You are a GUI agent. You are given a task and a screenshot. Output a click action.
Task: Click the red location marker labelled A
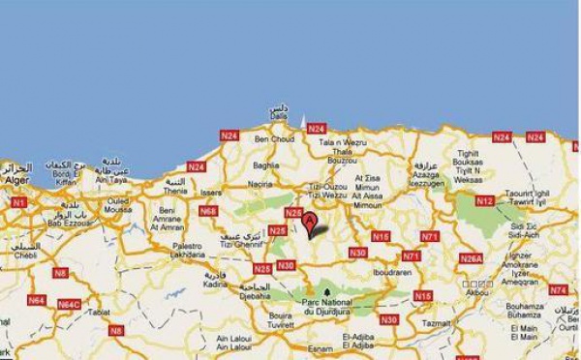pyautogui.click(x=310, y=225)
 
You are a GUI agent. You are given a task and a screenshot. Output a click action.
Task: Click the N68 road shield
pyautogui.click(x=207, y=210)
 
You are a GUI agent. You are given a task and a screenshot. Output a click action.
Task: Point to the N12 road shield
pyautogui.click(x=485, y=200)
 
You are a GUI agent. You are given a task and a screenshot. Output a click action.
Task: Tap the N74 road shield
pyautogui.click(x=558, y=290)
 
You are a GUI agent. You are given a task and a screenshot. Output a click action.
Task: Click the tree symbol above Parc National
pyautogui.click(x=327, y=290)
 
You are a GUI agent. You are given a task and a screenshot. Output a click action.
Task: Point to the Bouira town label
pyautogui.click(x=254, y=315)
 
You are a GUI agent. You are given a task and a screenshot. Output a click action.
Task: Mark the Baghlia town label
pyautogui.click(x=265, y=165)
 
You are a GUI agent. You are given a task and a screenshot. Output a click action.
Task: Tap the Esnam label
pyautogui.click(x=320, y=348)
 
